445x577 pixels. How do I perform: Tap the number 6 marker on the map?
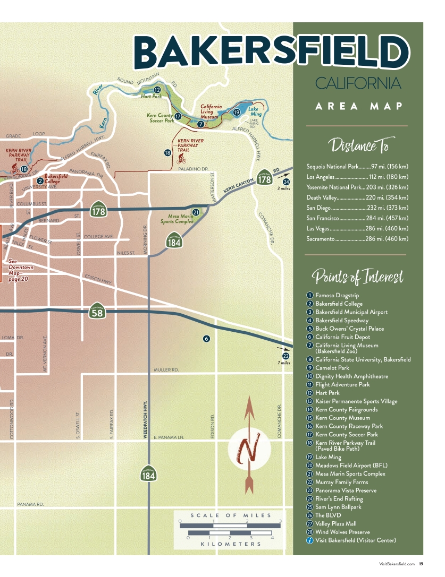[206, 339]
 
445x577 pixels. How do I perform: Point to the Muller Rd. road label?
[166, 369]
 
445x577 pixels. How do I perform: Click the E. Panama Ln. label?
[168, 437]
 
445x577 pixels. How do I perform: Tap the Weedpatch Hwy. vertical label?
[145, 419]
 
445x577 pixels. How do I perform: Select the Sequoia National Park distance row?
[357, 167]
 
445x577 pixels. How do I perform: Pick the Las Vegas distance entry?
[357, 228]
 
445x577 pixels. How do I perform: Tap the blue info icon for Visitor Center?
[309, 540]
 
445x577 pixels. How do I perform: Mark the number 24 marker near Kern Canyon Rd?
[286, 182]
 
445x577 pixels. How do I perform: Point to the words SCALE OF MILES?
[231, 515]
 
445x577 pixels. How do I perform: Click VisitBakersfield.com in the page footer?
[396, 564]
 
